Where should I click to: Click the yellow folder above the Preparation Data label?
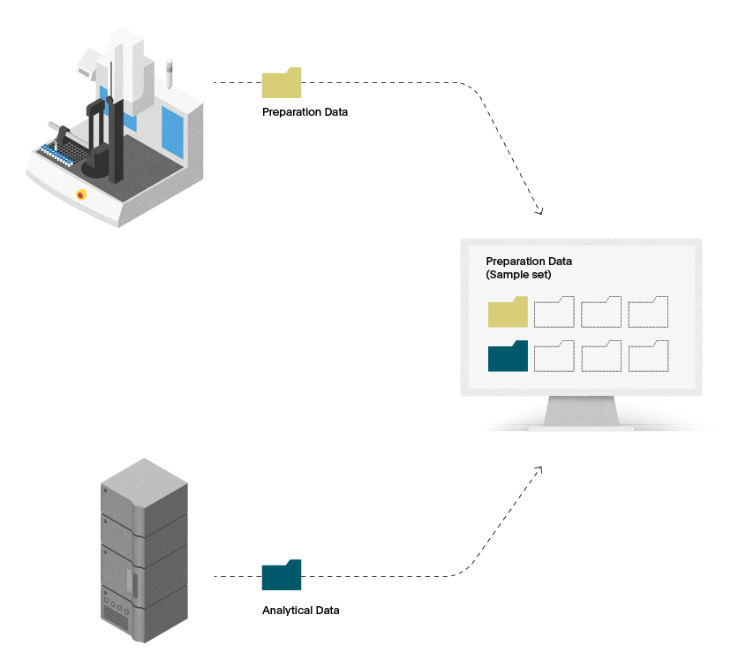(281, 84)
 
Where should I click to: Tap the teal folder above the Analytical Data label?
(281, 575)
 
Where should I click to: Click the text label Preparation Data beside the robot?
(305, 112)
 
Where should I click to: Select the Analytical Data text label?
(301, 611)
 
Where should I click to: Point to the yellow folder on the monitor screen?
(508, 312)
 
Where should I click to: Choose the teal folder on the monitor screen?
(508, 357)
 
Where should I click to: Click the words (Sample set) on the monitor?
(518, 275)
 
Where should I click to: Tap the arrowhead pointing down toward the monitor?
(539, 210)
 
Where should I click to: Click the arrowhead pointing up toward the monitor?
(539, 470)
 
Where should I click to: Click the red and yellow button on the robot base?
(81, 194)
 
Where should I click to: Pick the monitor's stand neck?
(582, 410)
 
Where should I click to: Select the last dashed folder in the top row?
(648, 312)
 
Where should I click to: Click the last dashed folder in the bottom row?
(649, 357)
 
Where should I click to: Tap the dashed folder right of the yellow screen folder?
(554, 312)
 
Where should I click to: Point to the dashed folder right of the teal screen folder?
(554, 357)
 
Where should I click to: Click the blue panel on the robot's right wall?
(172, 133)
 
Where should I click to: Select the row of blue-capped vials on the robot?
(57, 156)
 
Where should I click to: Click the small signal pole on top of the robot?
(169, 73)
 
